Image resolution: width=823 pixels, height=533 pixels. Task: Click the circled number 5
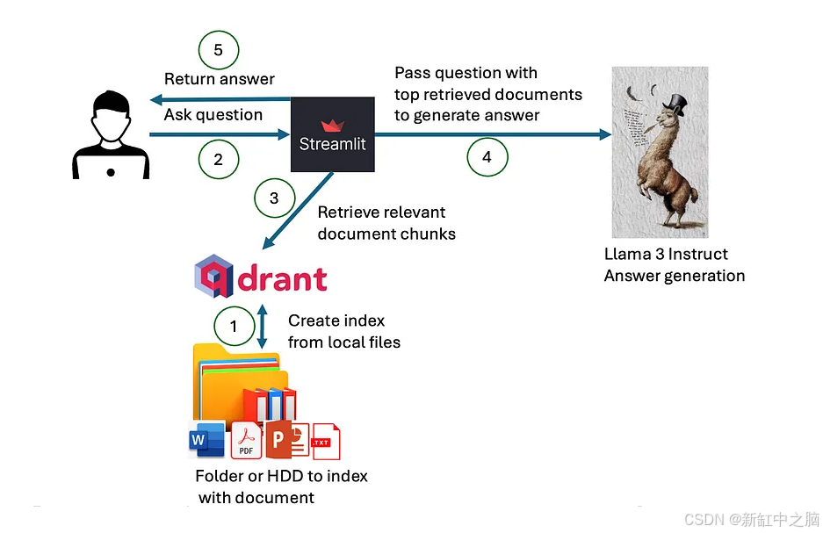click(x=219, y=50)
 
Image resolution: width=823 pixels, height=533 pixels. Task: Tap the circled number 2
click(x=219, y=160)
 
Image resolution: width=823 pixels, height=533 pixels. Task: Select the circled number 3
click(x=274, y=198)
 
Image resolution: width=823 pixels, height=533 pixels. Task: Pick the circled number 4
click(x=487, y=157)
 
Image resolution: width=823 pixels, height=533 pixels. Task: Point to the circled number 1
click(x=234, y=327)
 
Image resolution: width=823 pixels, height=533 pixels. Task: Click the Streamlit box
click(x=333, y=133)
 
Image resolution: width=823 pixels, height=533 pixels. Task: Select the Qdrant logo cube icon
click(x=214, y=277)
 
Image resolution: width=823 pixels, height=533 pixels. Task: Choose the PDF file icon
click(x=247, y=442)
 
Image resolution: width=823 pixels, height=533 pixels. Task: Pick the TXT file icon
click(x=324, y=441)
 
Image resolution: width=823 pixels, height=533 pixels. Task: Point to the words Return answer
click(x=220, y=79)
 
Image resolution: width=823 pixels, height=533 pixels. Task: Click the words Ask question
click(x=213, y=115)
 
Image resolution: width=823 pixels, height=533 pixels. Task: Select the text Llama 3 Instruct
click(x=666, y=254)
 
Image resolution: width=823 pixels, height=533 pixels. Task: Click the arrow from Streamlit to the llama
click(x=492, y=134)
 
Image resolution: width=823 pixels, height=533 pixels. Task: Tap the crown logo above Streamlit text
click(x=333, y=126)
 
